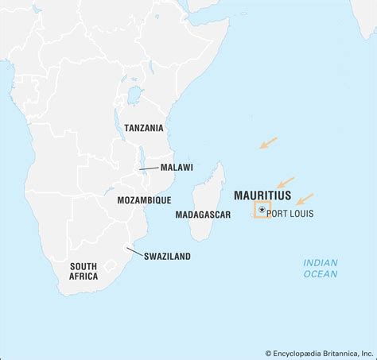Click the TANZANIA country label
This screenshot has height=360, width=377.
(x=144, y=127)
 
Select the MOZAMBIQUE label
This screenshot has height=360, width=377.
(x=143, y=200)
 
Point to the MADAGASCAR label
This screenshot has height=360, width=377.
(x=203, y=215)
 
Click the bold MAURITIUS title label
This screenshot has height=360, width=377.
(x=262, y=195)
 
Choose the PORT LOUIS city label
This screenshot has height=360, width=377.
(x=290, y=213)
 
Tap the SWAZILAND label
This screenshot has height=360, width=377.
(x=168, y=256)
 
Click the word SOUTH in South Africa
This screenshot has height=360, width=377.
(x=84, y=266)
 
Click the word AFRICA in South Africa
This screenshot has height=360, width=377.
(x=84, y=277)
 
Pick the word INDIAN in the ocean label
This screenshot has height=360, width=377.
(x=321, y=263)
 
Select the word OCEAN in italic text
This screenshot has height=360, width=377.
(x=321, y=274)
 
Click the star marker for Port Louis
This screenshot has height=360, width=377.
(x=262, y=211)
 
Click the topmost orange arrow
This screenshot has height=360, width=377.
(x=268, y=143)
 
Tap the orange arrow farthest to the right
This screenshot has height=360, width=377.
(x=305, y=199)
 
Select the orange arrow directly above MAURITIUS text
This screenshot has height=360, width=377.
(x=285, y=182)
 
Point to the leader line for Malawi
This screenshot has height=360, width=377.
(x=149, y=168)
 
